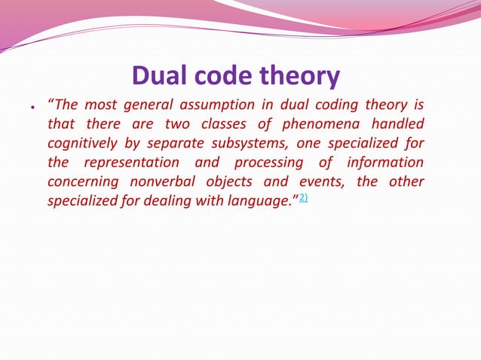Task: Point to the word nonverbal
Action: (x=159, y=182)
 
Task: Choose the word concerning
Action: (x=81, y=182)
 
